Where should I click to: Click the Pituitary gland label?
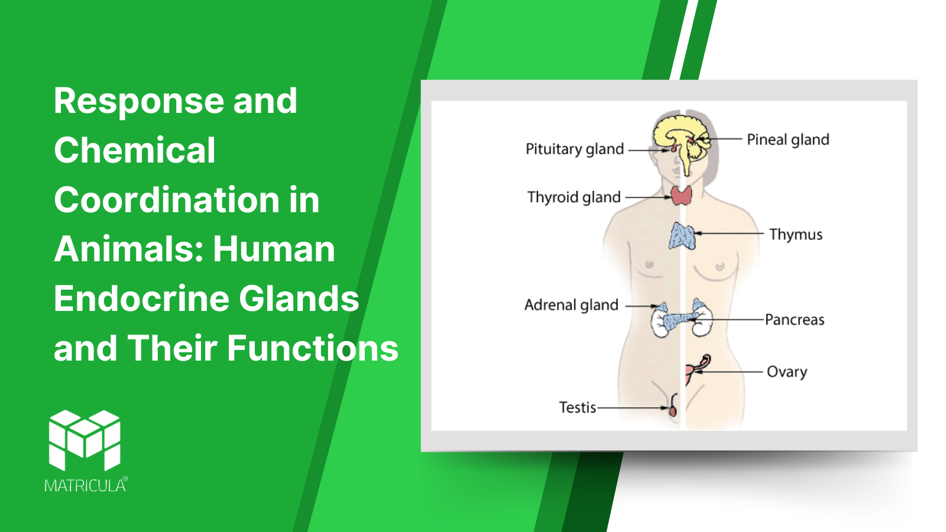click(574, 150)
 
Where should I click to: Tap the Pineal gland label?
click(788, 140)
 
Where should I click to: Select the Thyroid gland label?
click(574, 197)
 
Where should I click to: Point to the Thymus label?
click(796, 234)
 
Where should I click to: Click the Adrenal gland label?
click(571, 305)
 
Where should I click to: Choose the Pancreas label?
click(795, 320)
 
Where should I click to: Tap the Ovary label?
click(787, 372)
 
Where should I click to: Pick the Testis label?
click(577, 407)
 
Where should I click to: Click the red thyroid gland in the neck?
click(682, 196)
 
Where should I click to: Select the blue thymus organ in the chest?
click(682, 236)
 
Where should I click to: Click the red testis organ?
click(673, 410)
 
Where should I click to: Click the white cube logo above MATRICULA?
click(85, 440)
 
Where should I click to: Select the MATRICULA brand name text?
click(86, 485)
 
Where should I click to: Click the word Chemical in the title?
click(135, 150)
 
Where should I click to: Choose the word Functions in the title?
click(313, 348)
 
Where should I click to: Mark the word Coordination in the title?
click(167, 200)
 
